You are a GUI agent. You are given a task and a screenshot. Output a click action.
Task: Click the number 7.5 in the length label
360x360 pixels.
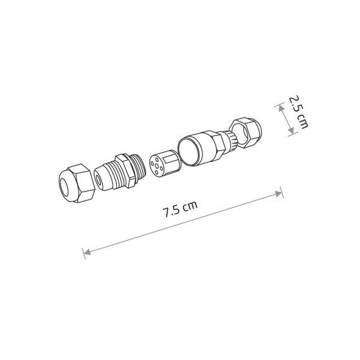[171, 211]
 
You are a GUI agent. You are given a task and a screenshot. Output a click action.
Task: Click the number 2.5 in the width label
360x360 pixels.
[295, 103]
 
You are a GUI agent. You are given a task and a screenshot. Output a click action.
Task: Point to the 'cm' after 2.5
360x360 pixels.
[302, 122]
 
